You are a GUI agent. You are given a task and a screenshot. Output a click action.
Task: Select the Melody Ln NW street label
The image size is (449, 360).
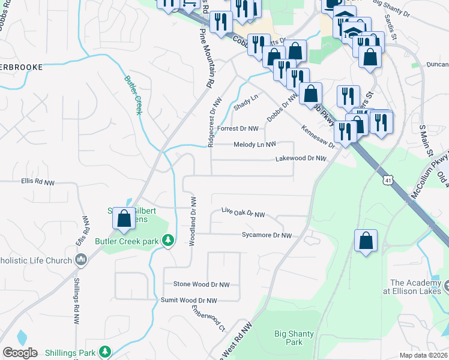coord(254,145)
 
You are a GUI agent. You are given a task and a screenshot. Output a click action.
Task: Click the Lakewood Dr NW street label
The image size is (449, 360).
coord(300,159)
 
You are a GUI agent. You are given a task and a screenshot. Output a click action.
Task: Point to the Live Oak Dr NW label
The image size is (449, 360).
coord(243,214)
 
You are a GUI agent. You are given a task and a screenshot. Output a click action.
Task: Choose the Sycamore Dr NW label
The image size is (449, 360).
coord(267,236)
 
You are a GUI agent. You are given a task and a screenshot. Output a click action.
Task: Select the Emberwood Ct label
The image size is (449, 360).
coord(208,319)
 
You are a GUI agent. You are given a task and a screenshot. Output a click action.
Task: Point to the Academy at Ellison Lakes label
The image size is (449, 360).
coord(415,287)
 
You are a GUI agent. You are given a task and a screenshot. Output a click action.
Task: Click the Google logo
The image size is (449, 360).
coord(20,353)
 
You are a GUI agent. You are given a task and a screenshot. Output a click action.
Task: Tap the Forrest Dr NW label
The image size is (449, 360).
coord(238,128)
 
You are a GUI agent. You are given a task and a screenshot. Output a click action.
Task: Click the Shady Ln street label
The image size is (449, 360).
coord(246,101)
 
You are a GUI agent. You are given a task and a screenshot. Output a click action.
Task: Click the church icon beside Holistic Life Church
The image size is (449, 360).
coord(82,259)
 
